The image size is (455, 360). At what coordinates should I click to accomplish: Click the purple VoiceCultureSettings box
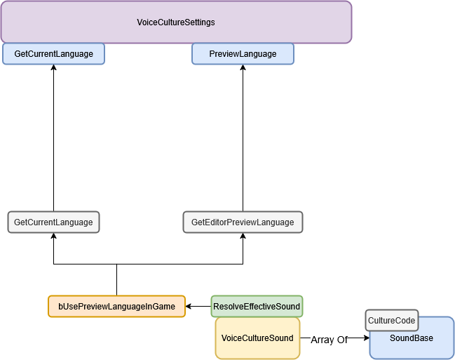coord(175,22)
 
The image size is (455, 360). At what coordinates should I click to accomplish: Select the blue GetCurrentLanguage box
coord(53,54)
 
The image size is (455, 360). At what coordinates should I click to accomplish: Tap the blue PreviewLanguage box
coord(243,54)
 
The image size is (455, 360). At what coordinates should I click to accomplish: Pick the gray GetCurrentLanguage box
coord(53,222)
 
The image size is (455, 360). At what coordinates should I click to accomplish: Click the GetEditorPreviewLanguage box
coord(243,222)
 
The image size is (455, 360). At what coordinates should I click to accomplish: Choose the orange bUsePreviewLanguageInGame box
coord(116,306)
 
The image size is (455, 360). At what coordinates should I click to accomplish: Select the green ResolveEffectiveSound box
coord(257,306)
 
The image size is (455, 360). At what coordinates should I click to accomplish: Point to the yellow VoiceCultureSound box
coord(257,338)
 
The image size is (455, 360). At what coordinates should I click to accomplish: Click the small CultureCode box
coord(391,321)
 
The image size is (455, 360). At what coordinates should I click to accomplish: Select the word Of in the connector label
coord(342,340)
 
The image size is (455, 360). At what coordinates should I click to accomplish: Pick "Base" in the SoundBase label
coord(423,338)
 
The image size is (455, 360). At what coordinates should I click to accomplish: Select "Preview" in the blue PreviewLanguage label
coord(224,54)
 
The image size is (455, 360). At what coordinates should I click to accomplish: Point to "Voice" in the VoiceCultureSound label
coord(231,338)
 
